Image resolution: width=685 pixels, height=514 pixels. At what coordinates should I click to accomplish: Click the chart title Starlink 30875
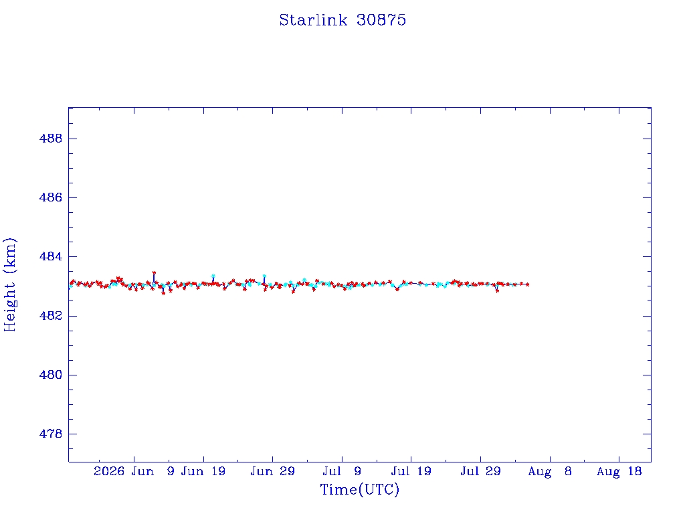tap(342, 20)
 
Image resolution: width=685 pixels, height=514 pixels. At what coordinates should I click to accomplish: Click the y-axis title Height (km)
tap(9, 284)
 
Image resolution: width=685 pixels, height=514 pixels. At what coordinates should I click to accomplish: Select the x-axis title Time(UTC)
tap(359, 489)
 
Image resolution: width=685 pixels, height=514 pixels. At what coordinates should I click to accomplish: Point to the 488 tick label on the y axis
tap(51, 139)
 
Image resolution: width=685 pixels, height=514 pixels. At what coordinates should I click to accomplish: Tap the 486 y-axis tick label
tap(51, 197)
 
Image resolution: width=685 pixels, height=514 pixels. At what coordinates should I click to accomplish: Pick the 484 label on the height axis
tap(51, 256)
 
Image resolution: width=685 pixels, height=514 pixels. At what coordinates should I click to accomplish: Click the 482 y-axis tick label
tap(51, 316)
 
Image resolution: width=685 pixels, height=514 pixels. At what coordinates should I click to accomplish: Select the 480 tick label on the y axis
tap(51, 375)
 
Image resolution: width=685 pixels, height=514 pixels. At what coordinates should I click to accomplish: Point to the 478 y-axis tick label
tap(51, 434)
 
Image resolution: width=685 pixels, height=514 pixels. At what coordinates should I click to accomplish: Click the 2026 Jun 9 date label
tap(134, 471)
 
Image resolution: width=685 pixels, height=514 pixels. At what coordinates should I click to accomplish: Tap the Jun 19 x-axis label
tap(203, 471)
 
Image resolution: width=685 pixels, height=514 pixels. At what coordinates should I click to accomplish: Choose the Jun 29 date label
tap(273, 471)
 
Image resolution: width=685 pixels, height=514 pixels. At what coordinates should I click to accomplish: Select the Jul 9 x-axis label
tap(342, 471)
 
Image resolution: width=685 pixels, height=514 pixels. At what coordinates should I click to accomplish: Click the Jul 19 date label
tap(411, 471)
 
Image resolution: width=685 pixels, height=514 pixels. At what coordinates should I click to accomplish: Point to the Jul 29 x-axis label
tap(480, 471)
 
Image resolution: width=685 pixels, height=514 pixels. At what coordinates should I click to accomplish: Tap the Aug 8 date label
tap(550, 471)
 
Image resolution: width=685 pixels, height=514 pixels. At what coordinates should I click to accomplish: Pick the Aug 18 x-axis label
tap(619, 471)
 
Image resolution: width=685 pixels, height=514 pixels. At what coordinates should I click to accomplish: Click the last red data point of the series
tap(528, 284)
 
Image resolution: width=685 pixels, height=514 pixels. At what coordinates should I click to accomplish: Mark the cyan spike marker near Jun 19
tap(213, 276)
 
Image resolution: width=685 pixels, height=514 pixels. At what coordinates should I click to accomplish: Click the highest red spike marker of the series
tap(154, 273)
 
